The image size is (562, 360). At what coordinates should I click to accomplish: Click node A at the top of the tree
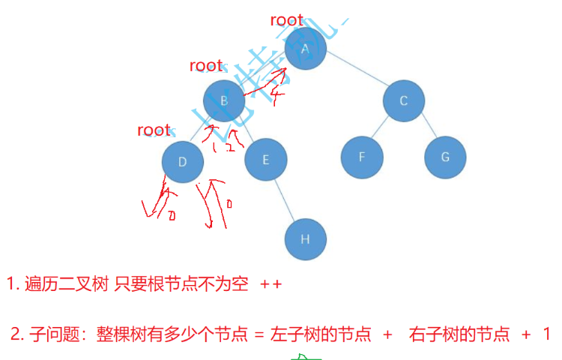click(x=306, y=49)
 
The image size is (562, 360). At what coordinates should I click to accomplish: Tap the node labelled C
click(x=404, y=100)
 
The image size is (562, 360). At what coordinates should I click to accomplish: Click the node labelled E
click(x=266, y=159)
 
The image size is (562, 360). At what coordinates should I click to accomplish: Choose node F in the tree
click(x=362, y=157)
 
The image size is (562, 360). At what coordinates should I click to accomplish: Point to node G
click(x=445, y=157)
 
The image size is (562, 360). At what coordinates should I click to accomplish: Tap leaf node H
click(x=305, y=239)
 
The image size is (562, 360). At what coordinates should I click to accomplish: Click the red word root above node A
click(x=287, y=21)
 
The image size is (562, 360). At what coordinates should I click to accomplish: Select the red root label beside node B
click(x=206, y=66)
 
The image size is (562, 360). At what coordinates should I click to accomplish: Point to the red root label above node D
click(x=154, y=130)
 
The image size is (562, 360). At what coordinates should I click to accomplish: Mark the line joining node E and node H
click(x=285, y=199)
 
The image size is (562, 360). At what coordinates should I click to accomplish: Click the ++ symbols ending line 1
click(x=271, y=285)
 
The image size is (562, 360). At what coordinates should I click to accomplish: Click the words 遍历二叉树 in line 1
click(x=66, y=285)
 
